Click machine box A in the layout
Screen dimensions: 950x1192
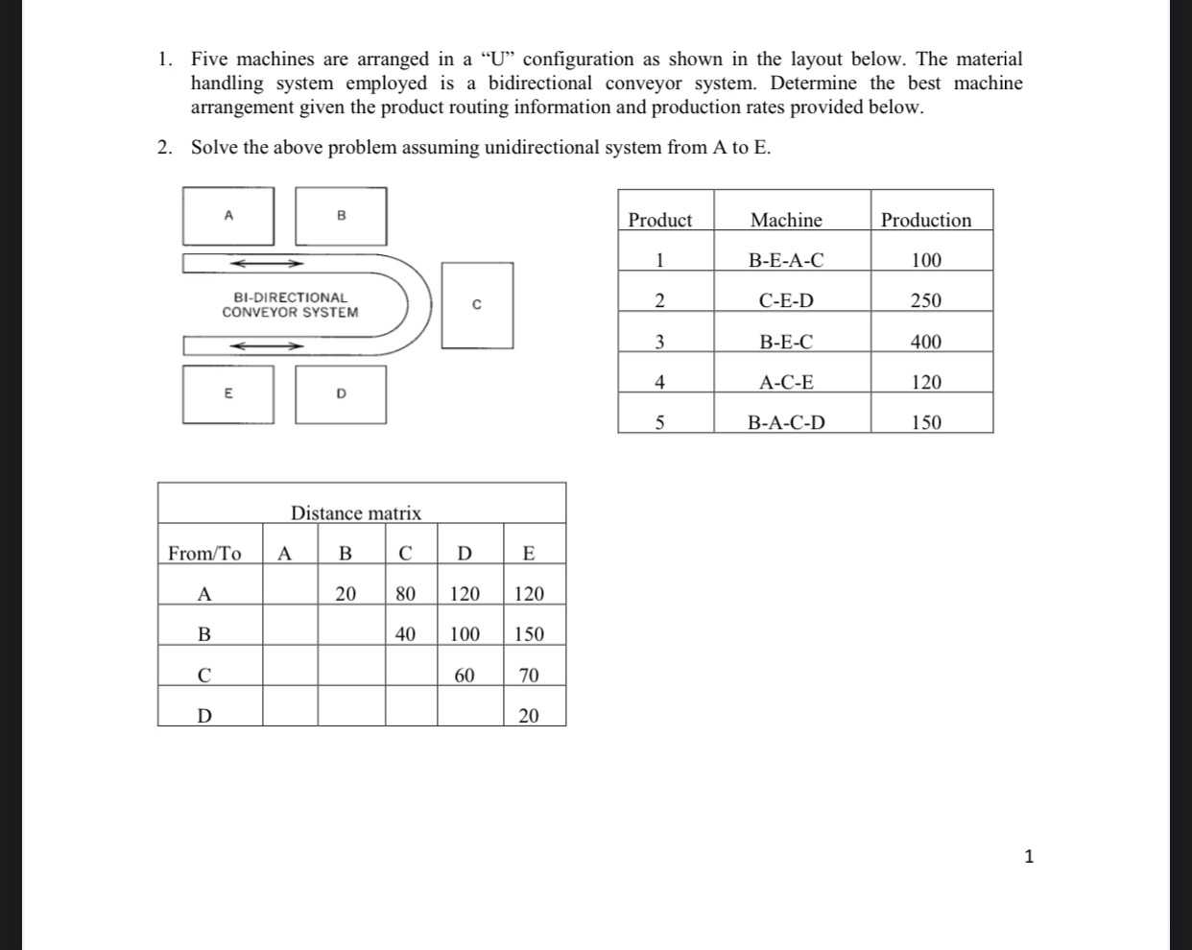228,216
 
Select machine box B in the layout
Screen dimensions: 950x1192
341,216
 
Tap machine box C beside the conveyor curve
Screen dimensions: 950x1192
477,305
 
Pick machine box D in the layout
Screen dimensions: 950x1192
341,393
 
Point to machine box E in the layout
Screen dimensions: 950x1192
228,393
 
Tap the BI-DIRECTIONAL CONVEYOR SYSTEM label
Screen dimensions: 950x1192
290,305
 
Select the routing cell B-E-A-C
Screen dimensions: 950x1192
786,260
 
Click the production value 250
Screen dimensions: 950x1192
926,300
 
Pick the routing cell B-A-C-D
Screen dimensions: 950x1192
786,422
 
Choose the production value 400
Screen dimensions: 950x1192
926,342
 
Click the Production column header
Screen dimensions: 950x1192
926,220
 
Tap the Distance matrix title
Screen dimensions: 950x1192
356,513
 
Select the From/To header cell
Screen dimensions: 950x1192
204,553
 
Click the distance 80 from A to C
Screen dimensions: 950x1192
406,594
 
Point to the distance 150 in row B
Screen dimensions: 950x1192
529,634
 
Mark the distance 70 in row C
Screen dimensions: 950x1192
529,676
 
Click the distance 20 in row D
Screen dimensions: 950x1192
529,716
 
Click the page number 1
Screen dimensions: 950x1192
1029,857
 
